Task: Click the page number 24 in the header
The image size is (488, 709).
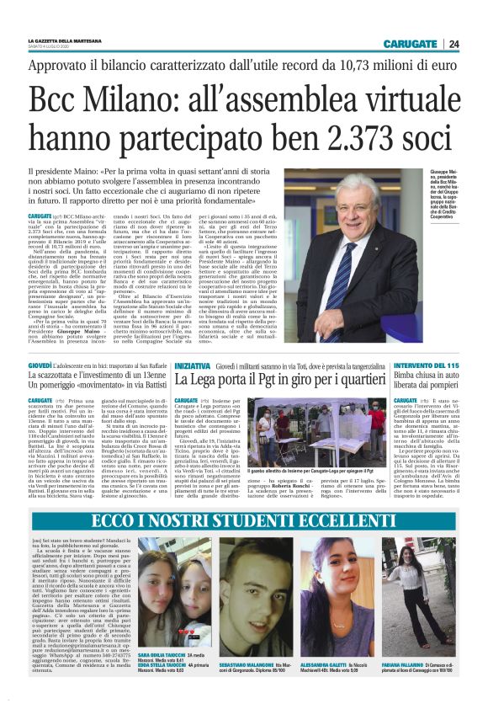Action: (x=454, y=44)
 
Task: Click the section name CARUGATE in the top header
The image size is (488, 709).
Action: (x=409, y=44)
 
